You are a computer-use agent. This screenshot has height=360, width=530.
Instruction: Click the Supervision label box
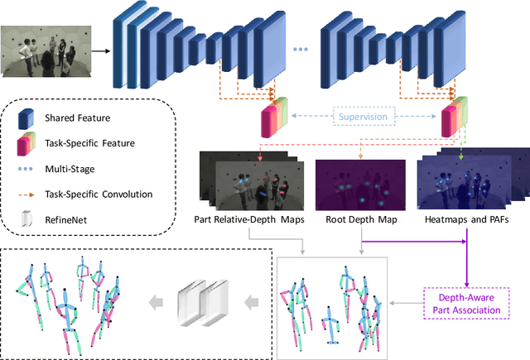tap(363, 117)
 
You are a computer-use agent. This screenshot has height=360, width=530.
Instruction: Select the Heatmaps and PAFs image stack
tap(467, 182)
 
